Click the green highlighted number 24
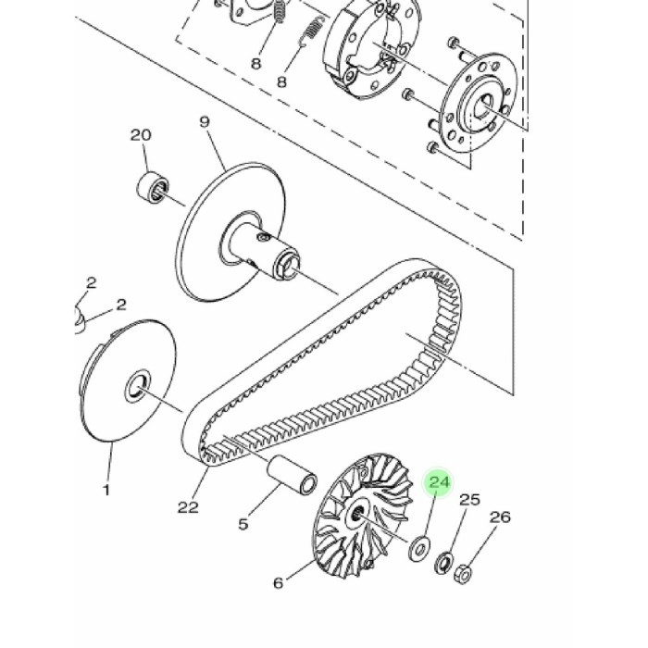439,482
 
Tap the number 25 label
470,500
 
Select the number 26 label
500,517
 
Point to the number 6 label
278,583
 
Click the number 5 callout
243,525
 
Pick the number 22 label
188,506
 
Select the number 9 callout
205,122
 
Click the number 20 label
141,135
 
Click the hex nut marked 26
466,574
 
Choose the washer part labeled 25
443,562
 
